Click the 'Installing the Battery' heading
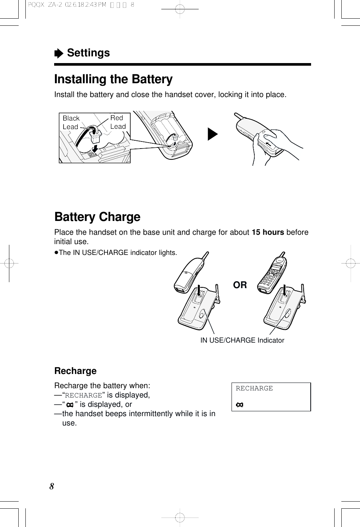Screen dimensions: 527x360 113,79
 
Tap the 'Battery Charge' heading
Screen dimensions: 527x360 97,217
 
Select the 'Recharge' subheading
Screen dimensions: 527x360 75,371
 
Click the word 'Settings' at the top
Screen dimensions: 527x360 88,53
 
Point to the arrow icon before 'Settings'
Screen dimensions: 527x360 59,54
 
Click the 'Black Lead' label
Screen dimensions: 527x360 71,122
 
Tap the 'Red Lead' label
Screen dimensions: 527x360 118,122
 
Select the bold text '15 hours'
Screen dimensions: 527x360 268,232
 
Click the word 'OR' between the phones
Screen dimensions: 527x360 240,285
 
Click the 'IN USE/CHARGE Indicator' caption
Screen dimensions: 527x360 242,340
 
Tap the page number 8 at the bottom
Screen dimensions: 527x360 52,486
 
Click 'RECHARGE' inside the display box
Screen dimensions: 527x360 254,389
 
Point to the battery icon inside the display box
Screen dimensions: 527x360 239,405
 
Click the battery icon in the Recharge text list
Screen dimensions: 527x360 69,405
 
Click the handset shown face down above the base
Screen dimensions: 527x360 189,274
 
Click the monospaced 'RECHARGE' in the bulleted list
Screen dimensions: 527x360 83,395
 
